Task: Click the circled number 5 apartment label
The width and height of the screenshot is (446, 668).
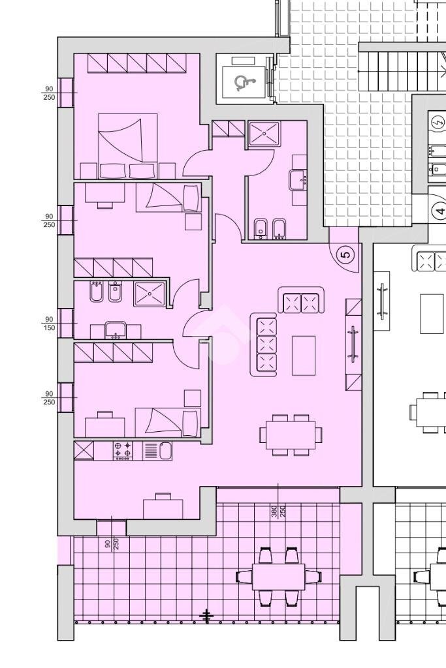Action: (x=346, y=255)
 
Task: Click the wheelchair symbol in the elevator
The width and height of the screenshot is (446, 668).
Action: (x=242, y=83)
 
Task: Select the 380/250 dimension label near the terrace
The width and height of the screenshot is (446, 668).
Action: (x=278, y=511)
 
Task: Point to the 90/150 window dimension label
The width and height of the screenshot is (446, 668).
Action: (x=49, y=324)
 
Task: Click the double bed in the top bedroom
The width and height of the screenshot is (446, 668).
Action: (x=127, y=145)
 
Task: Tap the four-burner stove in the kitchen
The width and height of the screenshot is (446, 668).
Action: (x=122, y=451)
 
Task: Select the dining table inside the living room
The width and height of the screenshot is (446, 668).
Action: (x=291, y=434)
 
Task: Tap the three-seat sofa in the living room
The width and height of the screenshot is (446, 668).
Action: (x=264, y=344)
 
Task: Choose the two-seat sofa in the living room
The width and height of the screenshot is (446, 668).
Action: (x=301, y=300)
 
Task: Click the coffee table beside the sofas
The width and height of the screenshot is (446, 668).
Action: (x=304, y=356)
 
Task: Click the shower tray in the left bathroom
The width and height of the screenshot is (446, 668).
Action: (x=150, y=294)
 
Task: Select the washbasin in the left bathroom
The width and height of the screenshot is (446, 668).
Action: (x=115, y=330)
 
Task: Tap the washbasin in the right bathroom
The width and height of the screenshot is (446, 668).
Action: (x=297, y=180)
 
